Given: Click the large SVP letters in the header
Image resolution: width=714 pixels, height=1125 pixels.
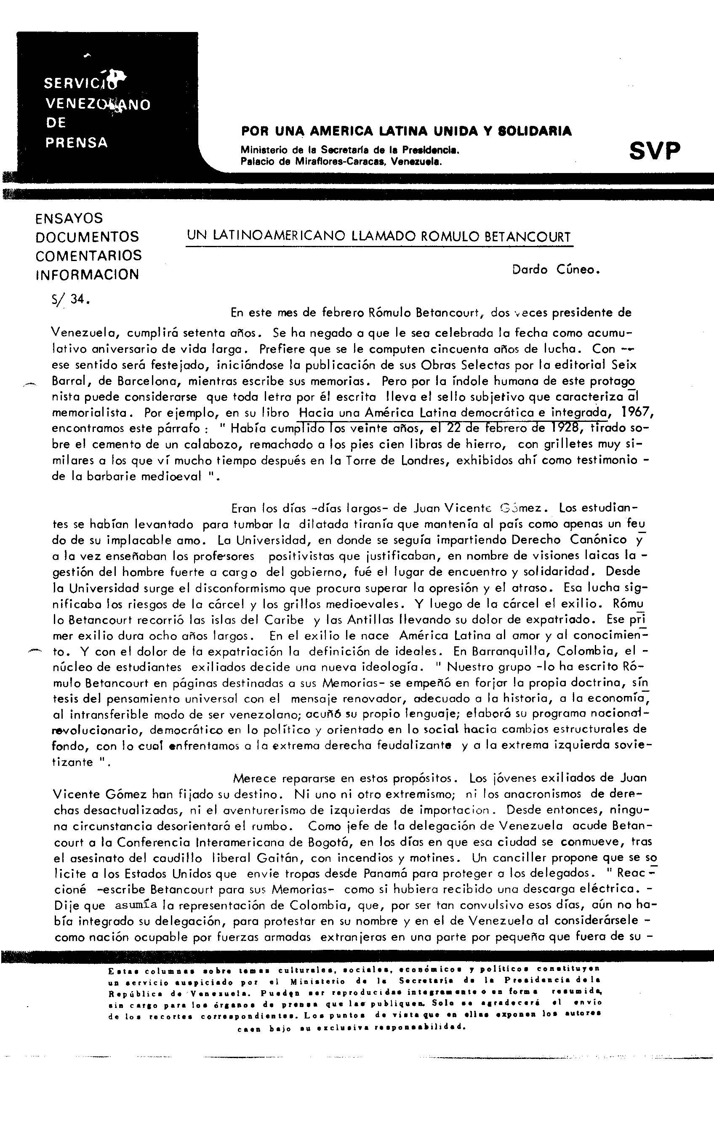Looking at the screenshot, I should click(x=655, y=151).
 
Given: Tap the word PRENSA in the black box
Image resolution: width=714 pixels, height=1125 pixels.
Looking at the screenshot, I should click(x=77, y=142).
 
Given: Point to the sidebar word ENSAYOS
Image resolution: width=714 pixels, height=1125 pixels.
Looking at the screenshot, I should click(x=69, y=218).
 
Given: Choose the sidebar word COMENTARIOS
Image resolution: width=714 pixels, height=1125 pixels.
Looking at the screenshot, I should click(x=88, y=256).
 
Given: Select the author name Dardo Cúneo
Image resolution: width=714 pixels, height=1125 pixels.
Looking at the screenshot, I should click(x=556, y=269).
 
